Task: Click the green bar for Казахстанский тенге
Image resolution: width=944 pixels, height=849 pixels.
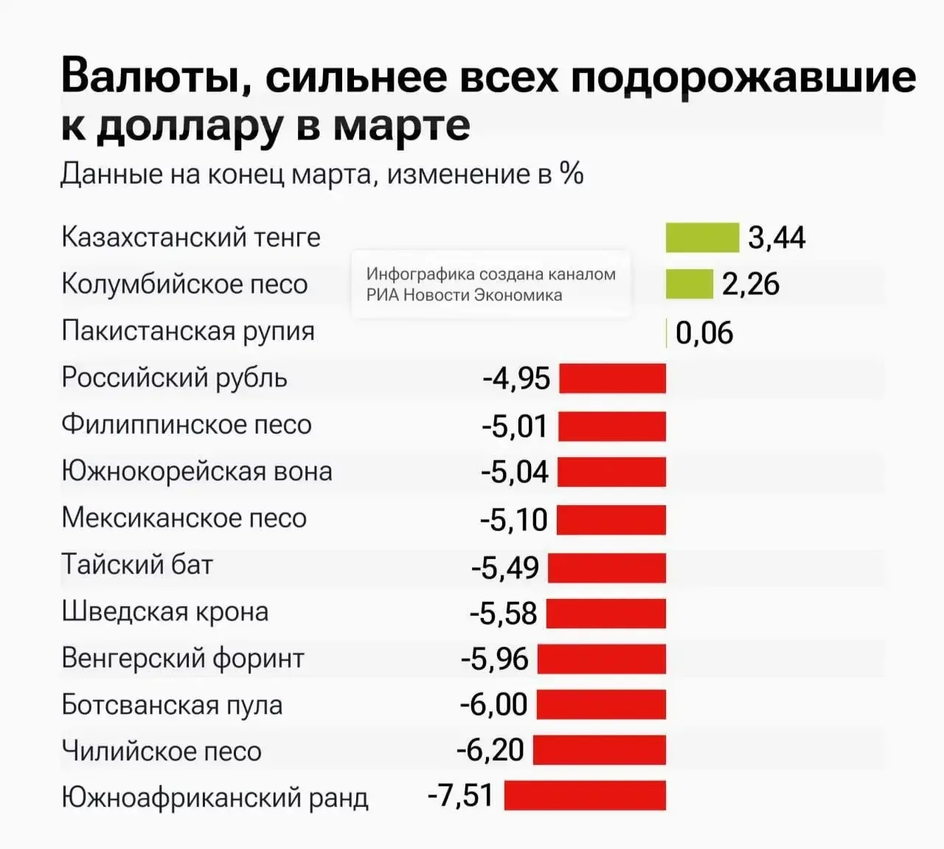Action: (x=702, y=238)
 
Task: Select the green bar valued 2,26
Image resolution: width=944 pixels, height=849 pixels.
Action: (x=689, y=284)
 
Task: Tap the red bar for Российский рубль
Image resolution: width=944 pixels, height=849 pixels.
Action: (x=612, y=378)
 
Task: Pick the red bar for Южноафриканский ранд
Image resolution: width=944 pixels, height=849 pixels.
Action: (x=585, y=795)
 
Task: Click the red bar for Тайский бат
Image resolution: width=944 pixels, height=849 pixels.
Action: (x=607, y=567)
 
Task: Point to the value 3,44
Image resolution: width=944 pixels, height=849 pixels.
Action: (x=777, y=238)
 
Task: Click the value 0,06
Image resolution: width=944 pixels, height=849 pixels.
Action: (x=704, y=333)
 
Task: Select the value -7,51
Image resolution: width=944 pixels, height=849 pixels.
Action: (x=460, y=795)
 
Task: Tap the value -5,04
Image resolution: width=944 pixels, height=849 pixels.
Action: (x=515, y=472)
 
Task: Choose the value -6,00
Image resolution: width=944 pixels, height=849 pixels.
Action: (x=493, y=705)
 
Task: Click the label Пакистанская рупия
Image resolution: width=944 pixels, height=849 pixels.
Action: (x=188, y=331)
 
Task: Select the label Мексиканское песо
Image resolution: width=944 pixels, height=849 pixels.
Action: (x=184, y=518)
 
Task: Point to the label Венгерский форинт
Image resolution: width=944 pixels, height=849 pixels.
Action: (x=183, y=658)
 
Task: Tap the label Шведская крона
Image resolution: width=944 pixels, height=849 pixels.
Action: (x=165, y=611)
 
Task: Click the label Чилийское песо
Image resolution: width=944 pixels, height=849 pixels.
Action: (x=162, y=751)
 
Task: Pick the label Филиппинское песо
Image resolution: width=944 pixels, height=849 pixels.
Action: (x=187, y=424)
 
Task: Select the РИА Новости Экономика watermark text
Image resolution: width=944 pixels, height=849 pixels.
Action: (x=465, y=295)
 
